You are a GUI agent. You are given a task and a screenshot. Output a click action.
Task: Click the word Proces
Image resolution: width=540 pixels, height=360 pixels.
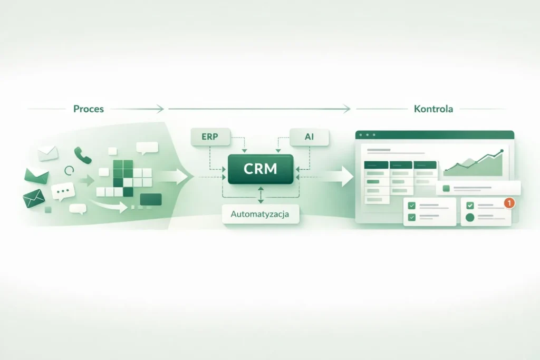click(x=89, y=109)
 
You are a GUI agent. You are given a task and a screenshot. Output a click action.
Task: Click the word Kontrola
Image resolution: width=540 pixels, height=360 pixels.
click(x=433, y=109)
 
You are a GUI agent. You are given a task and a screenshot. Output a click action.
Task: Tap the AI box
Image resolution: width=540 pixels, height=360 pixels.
click(x=310, y=138)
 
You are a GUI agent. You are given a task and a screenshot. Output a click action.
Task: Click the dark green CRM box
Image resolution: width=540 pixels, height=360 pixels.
click(x=261, y=169)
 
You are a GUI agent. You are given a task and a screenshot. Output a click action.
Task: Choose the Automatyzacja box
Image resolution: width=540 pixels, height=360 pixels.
click(x=261, y=215)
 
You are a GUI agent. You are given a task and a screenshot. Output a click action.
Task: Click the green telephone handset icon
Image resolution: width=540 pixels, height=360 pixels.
click(x=82, y=154)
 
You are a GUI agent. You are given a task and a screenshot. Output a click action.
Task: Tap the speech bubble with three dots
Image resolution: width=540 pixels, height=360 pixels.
click(x=63, y=191)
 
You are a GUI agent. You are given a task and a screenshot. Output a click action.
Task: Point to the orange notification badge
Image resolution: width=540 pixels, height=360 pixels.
click(x=509, y=202)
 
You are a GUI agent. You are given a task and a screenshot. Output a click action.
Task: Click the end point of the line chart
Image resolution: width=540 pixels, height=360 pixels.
click(x=501, y=151)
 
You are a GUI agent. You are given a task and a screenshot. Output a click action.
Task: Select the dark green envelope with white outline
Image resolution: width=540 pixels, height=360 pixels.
click(x=34, y=199)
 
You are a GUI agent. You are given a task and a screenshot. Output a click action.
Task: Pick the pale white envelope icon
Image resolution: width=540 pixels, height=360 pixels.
click(x=47, y=153)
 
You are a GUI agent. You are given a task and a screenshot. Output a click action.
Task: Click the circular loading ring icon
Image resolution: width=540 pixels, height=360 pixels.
click(x=69, y=170)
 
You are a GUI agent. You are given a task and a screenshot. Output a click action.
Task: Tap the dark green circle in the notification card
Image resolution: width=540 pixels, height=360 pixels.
click(x=470, y=217)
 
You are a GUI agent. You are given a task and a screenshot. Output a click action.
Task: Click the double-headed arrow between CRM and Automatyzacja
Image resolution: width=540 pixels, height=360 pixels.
click(x=261, y=194)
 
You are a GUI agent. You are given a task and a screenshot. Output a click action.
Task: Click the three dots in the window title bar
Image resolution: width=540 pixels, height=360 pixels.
click(x=368, y=135)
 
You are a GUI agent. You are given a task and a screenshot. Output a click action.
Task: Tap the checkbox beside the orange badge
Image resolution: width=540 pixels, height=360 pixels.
click(x=470, y=206)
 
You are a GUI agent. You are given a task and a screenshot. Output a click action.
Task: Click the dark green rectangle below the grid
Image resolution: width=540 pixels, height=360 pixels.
click(x=151, y=199)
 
